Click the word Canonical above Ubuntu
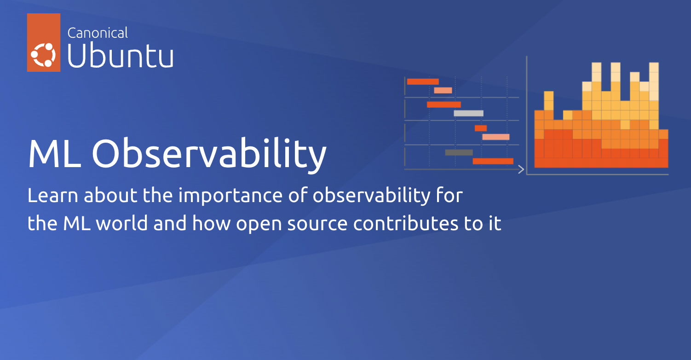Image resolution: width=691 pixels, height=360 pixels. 98,33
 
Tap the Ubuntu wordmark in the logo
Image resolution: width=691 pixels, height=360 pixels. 121,57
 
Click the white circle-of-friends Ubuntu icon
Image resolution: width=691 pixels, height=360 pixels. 43,55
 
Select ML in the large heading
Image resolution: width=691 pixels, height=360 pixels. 53,154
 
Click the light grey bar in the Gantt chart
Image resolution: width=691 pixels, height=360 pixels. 468,113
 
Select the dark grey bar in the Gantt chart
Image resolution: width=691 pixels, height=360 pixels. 459,152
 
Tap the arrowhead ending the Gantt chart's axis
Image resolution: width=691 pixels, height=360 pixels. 521,169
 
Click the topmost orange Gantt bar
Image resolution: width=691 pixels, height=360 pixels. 423,81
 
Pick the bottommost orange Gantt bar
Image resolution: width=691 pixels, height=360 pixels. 493,161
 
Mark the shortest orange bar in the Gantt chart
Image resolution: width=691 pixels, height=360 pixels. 481,128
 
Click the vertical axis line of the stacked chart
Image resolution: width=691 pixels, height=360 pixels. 527,115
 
